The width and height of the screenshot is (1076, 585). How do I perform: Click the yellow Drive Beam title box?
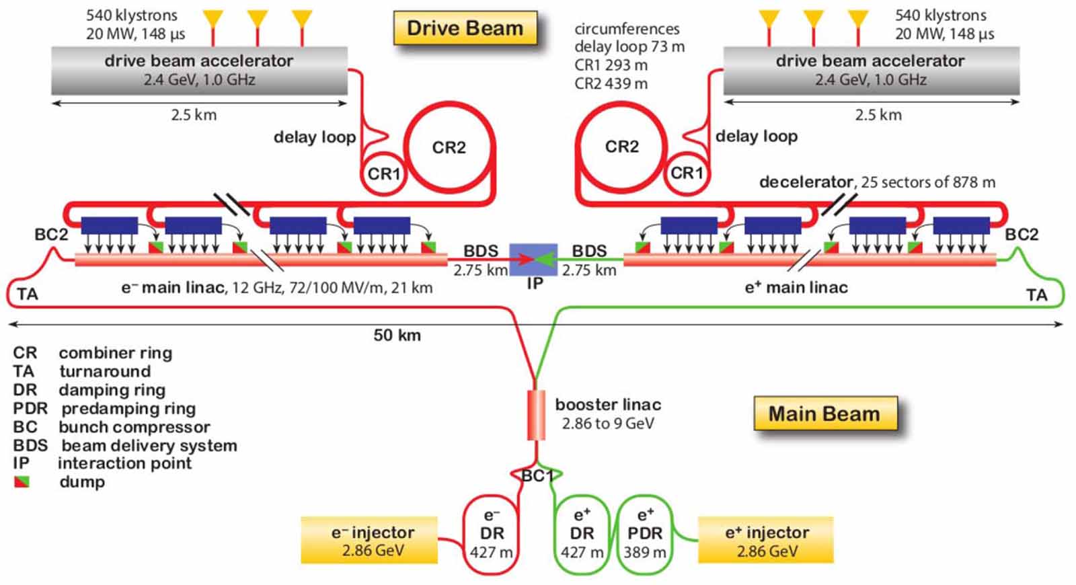[x=465, y=28]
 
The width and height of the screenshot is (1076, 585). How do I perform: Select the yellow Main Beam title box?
[x=824, y=413]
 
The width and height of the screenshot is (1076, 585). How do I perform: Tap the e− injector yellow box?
[x=369, y=540]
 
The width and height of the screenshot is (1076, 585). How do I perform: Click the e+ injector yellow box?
[x=766, y=540]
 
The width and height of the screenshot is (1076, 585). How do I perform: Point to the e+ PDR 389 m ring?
[x=645, y=534]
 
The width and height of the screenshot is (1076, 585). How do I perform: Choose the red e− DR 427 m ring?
[x=492, y=534]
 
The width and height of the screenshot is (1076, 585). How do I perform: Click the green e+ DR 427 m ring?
[x=582, y=534]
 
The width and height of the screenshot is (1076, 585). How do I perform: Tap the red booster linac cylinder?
[x=536, y=414]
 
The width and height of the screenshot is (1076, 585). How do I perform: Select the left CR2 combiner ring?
[x=449, y=147]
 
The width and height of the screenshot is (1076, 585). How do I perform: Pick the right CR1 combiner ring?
[x=687, y=173]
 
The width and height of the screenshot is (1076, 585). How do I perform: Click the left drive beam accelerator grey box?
[x=199, y=70]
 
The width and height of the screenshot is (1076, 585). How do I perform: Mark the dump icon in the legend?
[x=22, y=482]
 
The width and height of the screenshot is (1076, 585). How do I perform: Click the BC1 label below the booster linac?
[x=537, y=476]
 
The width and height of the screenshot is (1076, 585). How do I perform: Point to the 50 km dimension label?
[x=397, y=335]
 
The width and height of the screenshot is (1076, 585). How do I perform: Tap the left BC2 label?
[x=51, y=235]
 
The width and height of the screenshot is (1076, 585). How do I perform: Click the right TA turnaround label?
[x=1036, y=295]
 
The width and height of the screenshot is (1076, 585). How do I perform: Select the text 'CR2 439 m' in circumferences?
[x=611, y=84]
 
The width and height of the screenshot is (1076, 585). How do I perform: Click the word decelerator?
[x=805, y=182]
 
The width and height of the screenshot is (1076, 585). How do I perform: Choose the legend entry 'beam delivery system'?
[x=149, y=445]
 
